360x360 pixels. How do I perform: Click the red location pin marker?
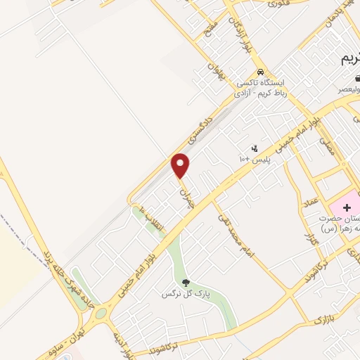(181, 166)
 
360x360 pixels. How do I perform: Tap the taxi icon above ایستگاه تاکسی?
(260, 72)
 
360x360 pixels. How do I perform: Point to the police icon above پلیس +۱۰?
(255, 148)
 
